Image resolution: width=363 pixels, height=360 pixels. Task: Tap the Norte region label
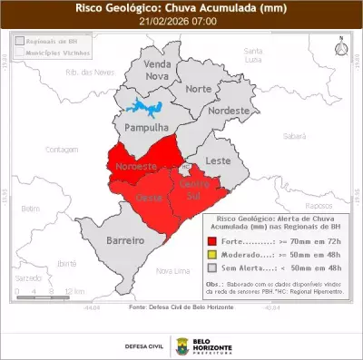pyautogui.click(x=198, y=89)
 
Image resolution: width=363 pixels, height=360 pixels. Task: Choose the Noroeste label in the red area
pyautogui.click(x=135, y=167)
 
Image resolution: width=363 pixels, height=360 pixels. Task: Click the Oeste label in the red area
pyautogui.click(x=149, y=197)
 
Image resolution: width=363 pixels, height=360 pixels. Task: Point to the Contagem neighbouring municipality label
pyautogui.click(x=63, y=149)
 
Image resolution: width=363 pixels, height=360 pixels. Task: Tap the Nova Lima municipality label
pyautogui.click(x=173, y=270)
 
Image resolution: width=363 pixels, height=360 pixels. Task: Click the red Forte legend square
pyautogui.click(x=211, y=242)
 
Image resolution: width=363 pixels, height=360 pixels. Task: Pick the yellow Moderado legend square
pyautogui.click(x=211, y=256)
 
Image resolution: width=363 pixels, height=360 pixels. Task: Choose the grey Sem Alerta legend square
pyautogui.click(x=211, y=268)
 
